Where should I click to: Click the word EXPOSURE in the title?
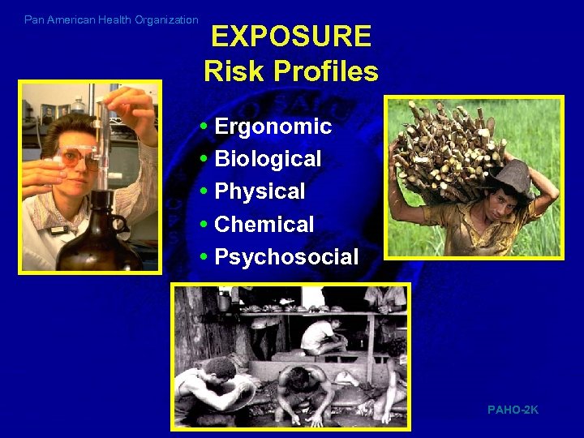pyautogui.click(x=291, y=36)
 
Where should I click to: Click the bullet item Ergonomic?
pyautogui.click(x=273, y=127)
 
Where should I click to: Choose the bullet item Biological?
pyautogui.click(x=268, y=159)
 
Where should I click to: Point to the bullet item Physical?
pyautogui.click(x=260, y=191)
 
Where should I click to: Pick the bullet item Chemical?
pyautogui.click(x=264, y=224)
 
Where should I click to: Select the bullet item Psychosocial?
pyautogui.click(x=286, y=257)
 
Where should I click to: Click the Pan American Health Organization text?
pyautogui.click(x=111, y=19)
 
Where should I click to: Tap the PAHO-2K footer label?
pyautogui.click(x=513, y=410)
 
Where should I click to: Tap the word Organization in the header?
pyautogui.click(x=166, y=19)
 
